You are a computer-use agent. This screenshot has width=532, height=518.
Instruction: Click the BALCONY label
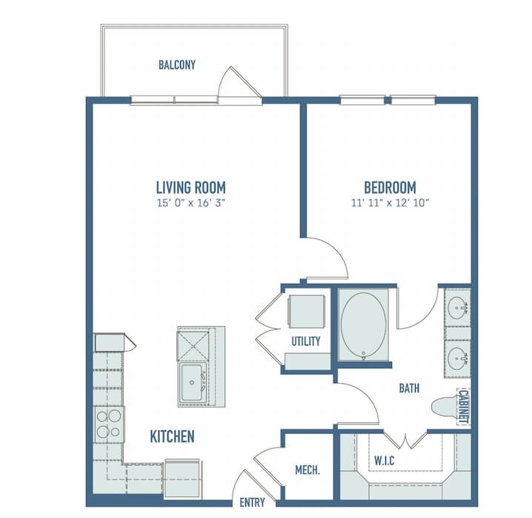click(x=177, y=64)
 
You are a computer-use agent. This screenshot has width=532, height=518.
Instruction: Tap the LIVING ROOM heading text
click(x=190, y=187)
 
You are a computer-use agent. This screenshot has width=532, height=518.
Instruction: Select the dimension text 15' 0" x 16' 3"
click(x=191, y=203)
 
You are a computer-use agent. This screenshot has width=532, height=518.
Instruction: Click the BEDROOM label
click(x=390, y=187)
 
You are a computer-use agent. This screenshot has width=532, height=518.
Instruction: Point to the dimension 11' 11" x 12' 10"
click(x=390, y=203)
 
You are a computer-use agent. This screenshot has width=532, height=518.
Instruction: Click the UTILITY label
click(x=306, y=342)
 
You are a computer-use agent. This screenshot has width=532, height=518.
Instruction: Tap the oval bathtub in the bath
click(x=363, y=325)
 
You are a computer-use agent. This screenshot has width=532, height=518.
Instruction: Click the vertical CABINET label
click(x=464, y=407)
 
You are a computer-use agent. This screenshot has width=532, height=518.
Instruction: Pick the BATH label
click(x=409, y=388)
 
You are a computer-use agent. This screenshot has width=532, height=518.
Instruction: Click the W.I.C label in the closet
click(x=384, y=461)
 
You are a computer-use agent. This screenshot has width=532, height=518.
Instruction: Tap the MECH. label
click(x=307, y=470)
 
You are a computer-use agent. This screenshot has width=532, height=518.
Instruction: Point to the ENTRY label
click(x=252, y=502)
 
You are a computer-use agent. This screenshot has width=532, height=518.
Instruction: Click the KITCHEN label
click(x=173, y=436)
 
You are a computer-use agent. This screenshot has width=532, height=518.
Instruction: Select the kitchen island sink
click(x=193, y=382)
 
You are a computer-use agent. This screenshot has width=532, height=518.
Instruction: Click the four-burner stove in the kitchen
click(x=109, y=425)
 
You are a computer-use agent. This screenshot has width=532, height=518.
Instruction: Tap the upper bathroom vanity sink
click(x=457, y=308)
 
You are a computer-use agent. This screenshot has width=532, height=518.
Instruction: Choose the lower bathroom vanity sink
click(x=457, y=359)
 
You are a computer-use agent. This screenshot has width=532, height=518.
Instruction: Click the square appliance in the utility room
click(x=306, y=311)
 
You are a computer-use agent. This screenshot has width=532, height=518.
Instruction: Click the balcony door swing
click(x=239, y=82)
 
